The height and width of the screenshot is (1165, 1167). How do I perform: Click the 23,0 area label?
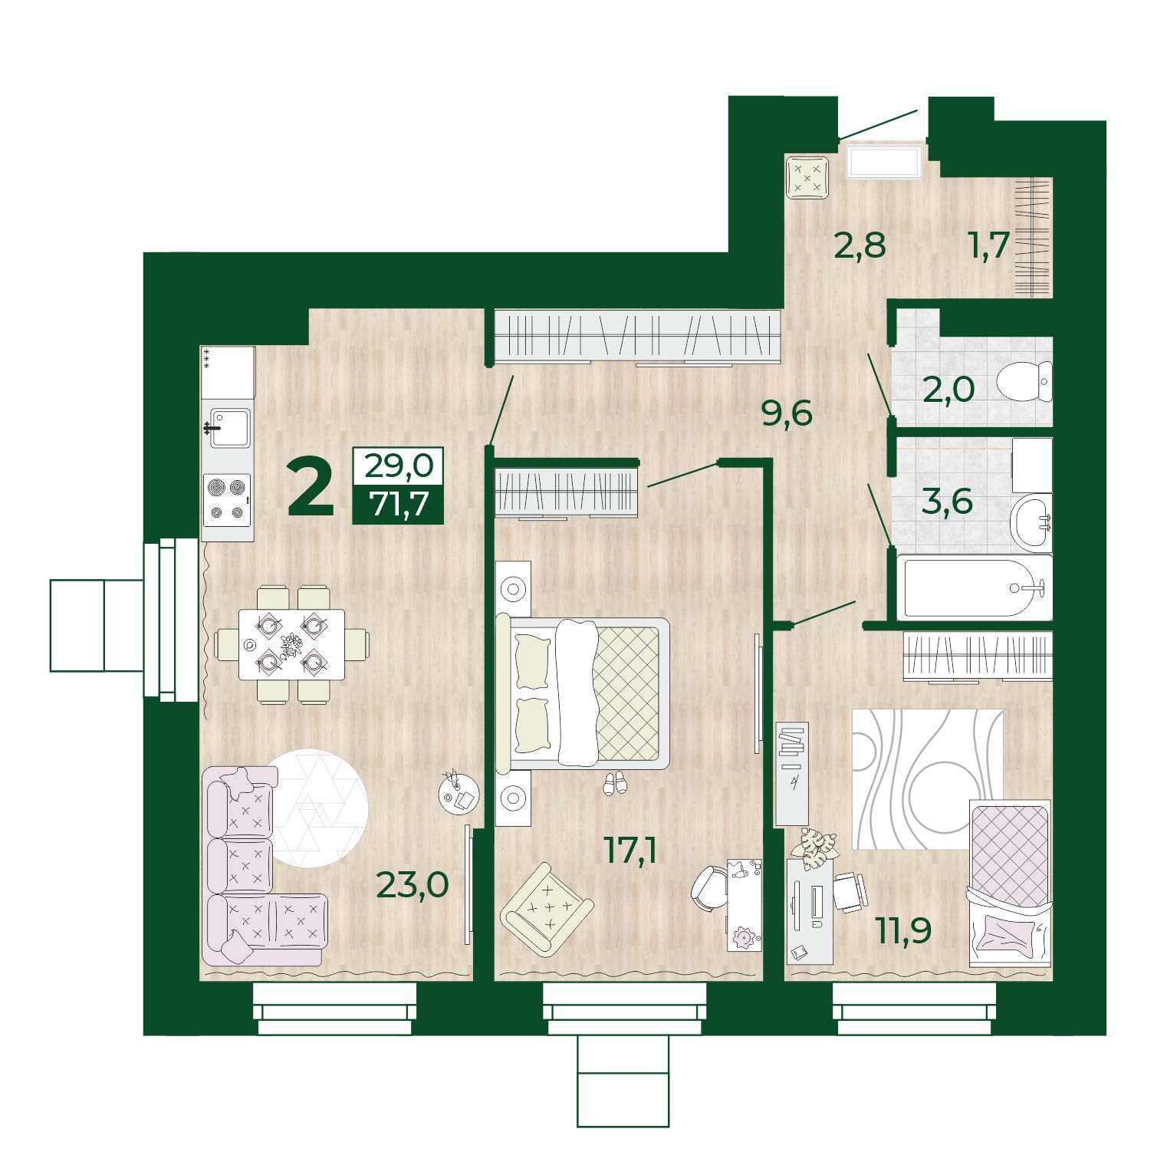pyautogui.click(x=413, y=884)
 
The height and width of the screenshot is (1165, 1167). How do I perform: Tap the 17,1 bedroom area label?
pyautogui.click(x=630, y=850)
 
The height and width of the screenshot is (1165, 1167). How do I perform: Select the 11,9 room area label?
pyautogui.click(x=903, y=930)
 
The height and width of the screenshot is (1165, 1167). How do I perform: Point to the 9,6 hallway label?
pyautogui.click(x=786, y=413)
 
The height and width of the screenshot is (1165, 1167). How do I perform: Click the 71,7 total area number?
pyautogui.click(x=398, y=504)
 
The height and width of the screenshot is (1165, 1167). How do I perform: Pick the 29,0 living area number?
pyautogui.click(x=398, y=465)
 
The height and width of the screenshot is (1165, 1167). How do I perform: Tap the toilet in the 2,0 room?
pyautogui.click(x=1024, y=381)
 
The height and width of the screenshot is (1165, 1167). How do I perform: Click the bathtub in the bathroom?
pyautogui.click(x=975, y=589)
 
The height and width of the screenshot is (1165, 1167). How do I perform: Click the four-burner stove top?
pyautogui.click(x=227, y=499)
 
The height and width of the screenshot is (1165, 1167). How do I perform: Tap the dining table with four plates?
pyautogui.click(x=291, y=644)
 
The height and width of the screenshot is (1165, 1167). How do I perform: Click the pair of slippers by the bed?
pyautogui.click(x=615, y=783)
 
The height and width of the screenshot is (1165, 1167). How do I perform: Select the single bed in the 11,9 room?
pyautogui.click(x=1011, y=883)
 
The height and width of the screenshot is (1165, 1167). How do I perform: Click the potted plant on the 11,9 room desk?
pyautogui.click(x=815, y=848)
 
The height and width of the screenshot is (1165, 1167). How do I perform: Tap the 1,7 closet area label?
pyautogui.click(x=988, y=245)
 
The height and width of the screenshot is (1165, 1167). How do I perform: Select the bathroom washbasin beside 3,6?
pyautogui.click(x=1031, y=522)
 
